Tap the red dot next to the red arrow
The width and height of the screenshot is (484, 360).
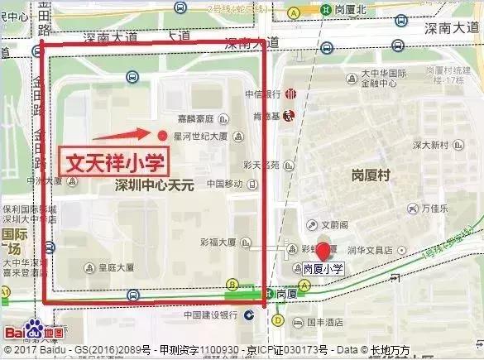click(x=162, y=135)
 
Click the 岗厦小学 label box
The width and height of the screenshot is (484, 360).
click(x=323, y=268)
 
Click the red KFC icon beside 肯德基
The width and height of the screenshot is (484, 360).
click(x=289, y=113)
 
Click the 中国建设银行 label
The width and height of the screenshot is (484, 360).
click(x=211, y=314)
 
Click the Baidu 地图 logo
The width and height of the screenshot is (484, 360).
click(x=28, y=333)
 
